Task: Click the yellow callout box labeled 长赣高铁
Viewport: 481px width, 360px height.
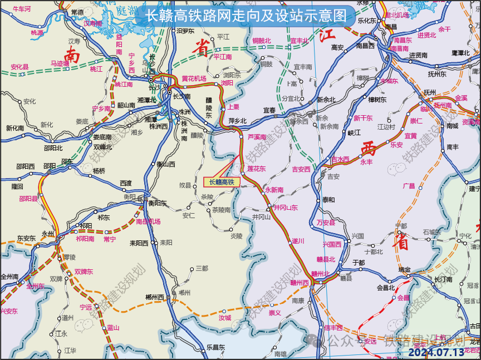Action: pos(222,181)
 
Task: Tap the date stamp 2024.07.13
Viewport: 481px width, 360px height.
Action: pos(436,352)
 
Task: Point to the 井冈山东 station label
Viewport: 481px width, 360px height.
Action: pos(286,208)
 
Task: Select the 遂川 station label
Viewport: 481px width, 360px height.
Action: pos(298,241)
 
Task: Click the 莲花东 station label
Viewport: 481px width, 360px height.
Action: pos(257,168)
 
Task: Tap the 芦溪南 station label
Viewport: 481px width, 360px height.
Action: pos(257,136)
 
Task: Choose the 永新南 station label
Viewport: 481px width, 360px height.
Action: pos(274,190)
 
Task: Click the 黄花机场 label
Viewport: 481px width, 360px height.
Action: pos(194,78)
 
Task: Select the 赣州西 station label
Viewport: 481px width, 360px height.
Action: pos(299,282)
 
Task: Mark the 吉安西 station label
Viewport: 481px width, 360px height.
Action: pos(301,169)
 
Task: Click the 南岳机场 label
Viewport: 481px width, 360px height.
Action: pos(148,221)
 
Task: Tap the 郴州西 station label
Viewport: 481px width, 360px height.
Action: pos(153,297)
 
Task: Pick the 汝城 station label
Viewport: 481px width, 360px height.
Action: pos(224,318)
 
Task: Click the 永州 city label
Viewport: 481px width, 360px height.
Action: pos(48,234)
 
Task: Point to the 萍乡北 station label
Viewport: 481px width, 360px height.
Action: pos(237,121)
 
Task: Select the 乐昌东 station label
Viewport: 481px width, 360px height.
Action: pos(215,347)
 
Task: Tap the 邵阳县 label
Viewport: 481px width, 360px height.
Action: pos(28,198)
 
